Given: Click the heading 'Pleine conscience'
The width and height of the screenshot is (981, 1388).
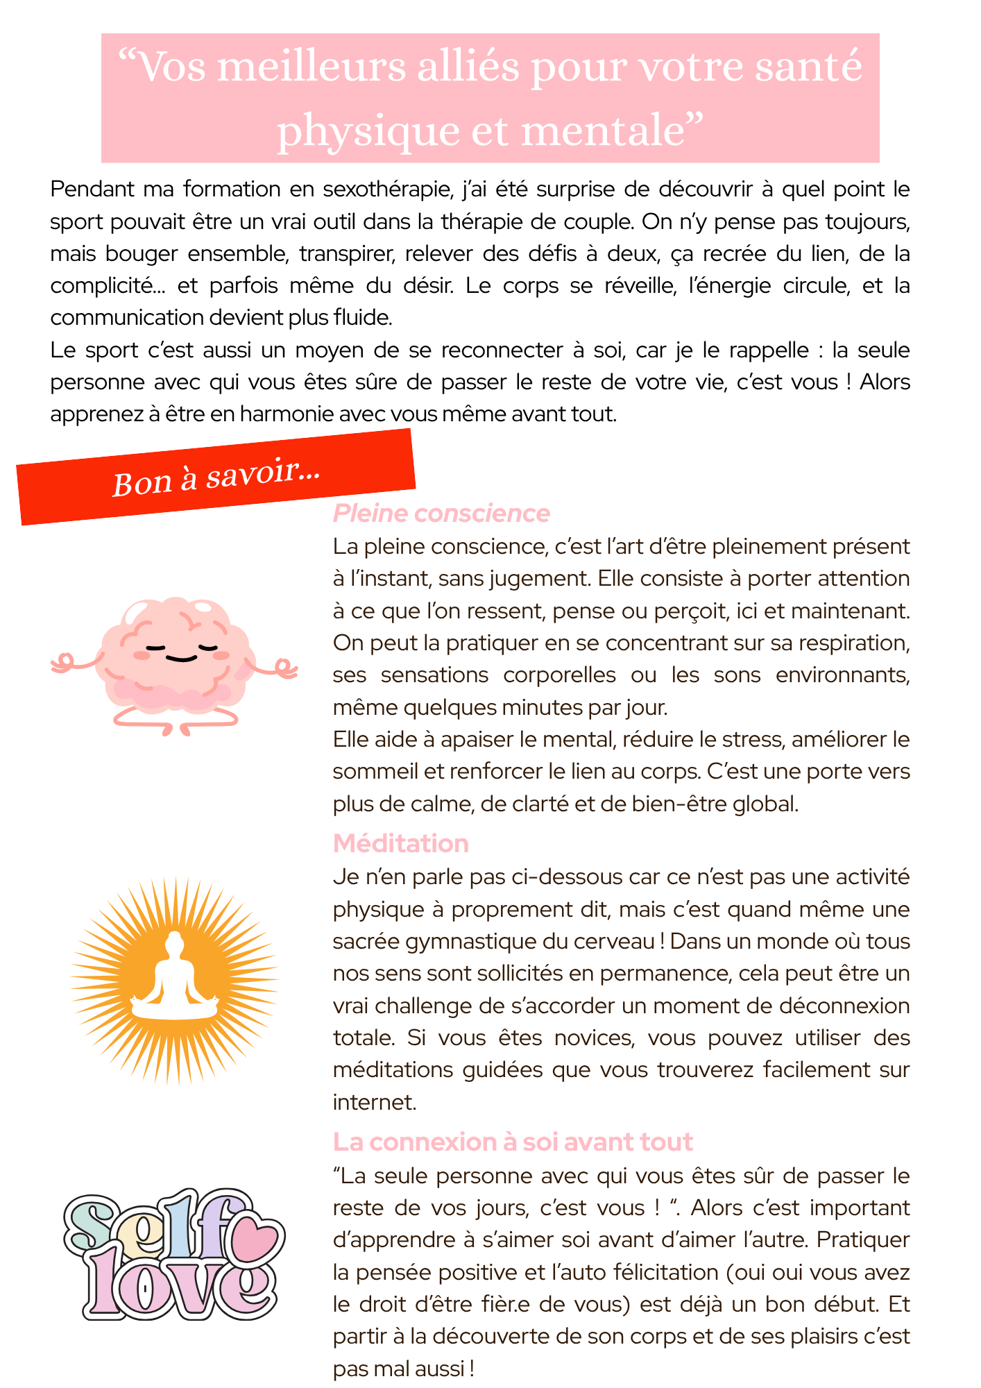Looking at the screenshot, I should pos(441,513).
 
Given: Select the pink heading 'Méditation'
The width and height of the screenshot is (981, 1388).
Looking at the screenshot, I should pos(401,843).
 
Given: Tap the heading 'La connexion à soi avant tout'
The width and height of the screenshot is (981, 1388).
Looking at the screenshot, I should pos(513,1142).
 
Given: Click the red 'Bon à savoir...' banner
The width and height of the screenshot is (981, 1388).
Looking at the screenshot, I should pos(216,477).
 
